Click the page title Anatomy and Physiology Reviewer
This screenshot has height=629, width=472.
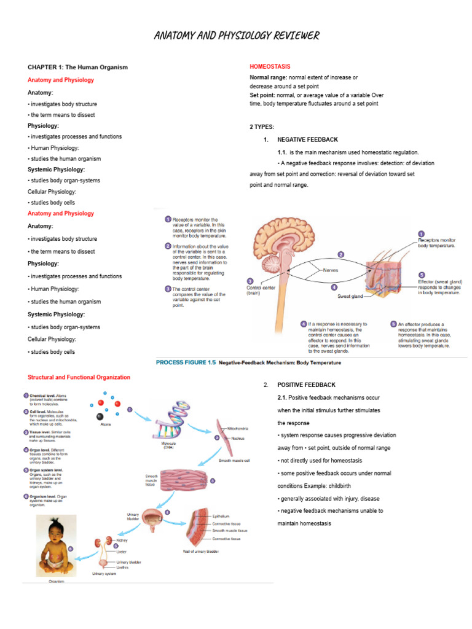coord(236,36)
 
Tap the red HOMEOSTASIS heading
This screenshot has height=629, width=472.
coord(270,66)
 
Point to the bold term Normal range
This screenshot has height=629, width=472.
coord(268,77)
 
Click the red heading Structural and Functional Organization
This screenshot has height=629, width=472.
coord(79,377)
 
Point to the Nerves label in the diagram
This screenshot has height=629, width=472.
coord(330,270)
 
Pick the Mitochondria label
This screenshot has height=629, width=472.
coord(238,428)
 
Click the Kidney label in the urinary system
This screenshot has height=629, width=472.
coord(122,541)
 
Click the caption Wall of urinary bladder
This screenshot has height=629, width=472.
coord(200,551)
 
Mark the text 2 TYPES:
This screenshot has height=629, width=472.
coord(262,127)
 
